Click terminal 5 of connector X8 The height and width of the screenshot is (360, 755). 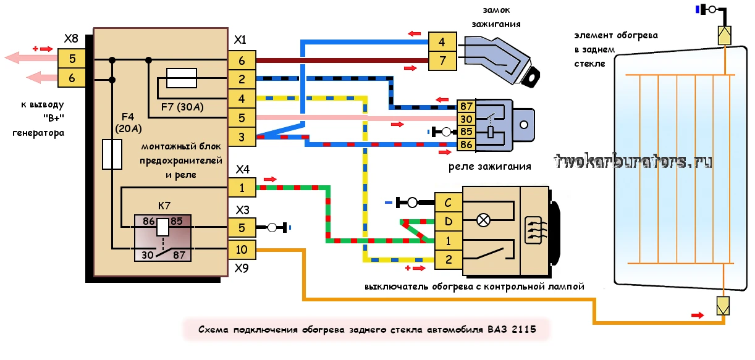tap(72, 59)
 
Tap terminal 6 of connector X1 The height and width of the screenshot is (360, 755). tap(241, 60)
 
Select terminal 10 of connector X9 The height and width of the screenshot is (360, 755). tap(241, 249)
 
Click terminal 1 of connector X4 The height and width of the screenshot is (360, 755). tap(241, 187)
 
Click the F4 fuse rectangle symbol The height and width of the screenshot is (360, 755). tap(112, 154)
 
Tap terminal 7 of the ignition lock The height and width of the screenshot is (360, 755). tap(442, 61)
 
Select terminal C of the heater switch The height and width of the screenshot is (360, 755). tap(449, 202)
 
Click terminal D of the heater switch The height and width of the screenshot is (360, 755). tap(449, 220)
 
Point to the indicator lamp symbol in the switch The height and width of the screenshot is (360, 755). tap(485, 219)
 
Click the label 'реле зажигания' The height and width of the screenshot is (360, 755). tap(489, 167)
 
